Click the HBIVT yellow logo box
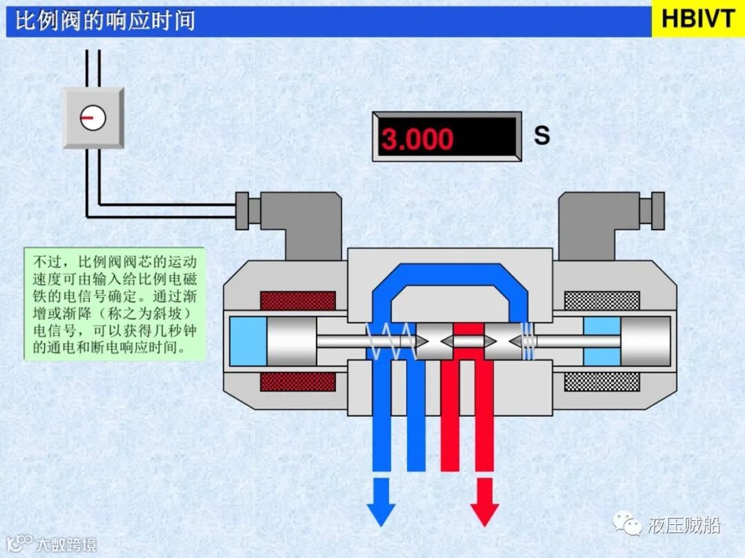[697, 19]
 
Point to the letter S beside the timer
[542, 135]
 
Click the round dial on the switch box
[93, 118]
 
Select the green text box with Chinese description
[115, 303]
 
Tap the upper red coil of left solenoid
[297, 301]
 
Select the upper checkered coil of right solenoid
[602, 301]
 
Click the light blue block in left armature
[248, 341]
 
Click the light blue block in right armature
[602, 341]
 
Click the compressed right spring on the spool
[528, 341]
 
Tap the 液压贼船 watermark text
[684, 526]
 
